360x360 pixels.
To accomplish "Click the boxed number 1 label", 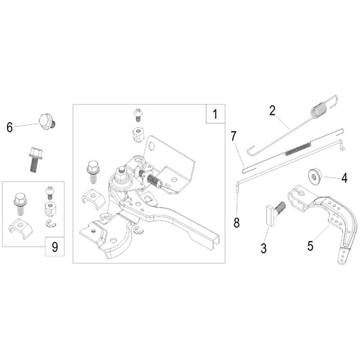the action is tap(215, 114).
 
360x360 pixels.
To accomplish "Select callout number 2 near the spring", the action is tap(272, 111).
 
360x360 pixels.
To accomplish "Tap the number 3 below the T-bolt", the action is tap(264, 249).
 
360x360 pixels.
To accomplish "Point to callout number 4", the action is tap(344, 179).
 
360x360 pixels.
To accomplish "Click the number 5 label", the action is tap(310, 246).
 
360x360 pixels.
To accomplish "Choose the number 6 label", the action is tap(10, 128).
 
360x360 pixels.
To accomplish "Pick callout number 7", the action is tap(234, 136).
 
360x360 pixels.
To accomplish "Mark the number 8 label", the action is tap(236, 223).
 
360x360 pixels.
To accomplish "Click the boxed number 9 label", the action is tap(54, 247).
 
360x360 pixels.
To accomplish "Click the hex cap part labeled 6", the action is tap(48, 121).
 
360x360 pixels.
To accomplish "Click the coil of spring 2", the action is tap(319, 111).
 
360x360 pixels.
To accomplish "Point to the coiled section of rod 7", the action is tap(298, 149).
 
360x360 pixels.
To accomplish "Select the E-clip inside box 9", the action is tap(51, 224).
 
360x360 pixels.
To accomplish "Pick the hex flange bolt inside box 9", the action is tap(20, 204).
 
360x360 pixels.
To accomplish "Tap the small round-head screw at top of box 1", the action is tap(138, 115).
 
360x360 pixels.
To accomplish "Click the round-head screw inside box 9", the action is tap(50, 193).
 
